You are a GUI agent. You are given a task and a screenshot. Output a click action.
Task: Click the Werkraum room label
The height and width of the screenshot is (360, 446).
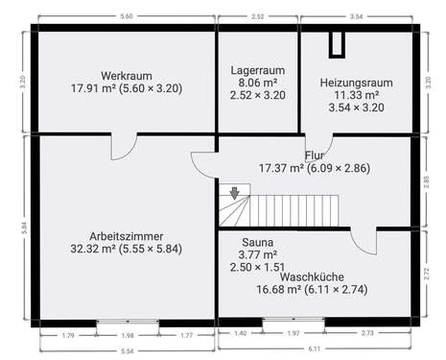(x=127, y=75)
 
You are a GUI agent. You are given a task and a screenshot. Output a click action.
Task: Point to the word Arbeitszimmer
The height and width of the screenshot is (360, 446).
(x=126, y=235)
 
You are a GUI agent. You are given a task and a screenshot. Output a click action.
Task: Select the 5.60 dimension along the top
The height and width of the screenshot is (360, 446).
(x=127, y=17)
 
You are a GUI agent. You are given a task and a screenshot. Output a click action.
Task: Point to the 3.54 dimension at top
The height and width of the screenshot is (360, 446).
(x=357, y=17)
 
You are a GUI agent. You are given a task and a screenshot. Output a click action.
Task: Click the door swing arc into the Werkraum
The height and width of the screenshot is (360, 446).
(x=123, y=150)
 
